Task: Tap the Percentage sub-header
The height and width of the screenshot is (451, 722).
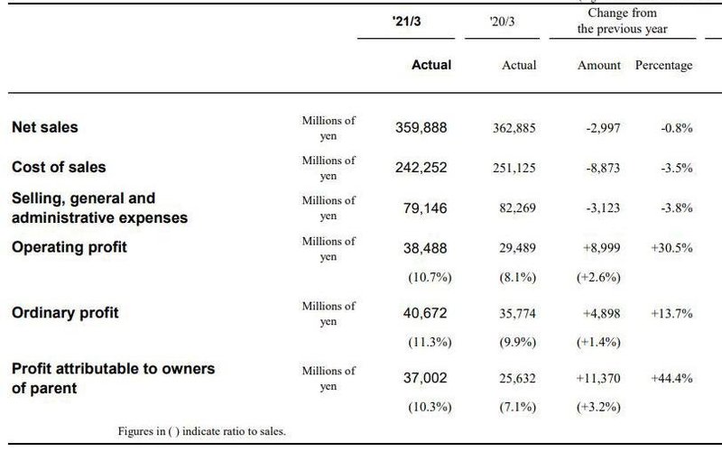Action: click(x=663, y=65)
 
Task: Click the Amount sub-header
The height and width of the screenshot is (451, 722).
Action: click(x=599, y=65)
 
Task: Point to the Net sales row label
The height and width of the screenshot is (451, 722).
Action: click(x=45, y=127)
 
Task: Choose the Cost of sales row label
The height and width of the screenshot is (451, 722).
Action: click(x=59, y=167)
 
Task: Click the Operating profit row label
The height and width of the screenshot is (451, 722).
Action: click(x=69, y=246)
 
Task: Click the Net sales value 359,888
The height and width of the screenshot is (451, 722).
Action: click(x=421, y=128)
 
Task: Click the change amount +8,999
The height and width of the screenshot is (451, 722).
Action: click(x=598, y=247)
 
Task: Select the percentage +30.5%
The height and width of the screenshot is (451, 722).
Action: click(x=671, y=247)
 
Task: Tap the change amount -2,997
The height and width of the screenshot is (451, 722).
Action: click(x=601, y=128)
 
